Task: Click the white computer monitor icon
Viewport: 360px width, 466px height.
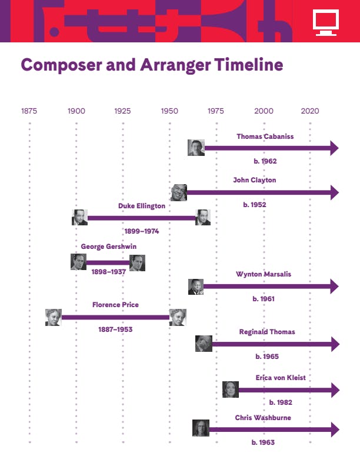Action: [x=326, y=22]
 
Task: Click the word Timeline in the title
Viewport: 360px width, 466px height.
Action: [x=249, y=65]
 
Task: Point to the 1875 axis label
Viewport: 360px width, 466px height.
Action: [x=29, y=111]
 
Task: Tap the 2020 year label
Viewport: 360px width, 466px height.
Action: [x=310, y=111]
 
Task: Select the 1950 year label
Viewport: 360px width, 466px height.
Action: [x=169, y=111]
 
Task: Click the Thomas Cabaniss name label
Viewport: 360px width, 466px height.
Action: [x=265, y=137]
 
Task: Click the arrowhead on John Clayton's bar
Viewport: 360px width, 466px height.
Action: [x=335, y=192]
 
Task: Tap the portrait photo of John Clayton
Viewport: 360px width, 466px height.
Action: [x=179, y=192]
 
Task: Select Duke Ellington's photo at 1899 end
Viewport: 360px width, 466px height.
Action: [x=79, y=217]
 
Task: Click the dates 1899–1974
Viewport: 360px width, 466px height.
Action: [x=142, y=231]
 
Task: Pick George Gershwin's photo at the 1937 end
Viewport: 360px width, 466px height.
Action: [x=137, y=263]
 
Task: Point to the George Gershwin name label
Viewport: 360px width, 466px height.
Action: [x=109, y=247]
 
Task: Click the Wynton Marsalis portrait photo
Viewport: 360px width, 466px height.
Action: [x=196, y=287]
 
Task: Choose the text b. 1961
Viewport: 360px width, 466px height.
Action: [x=264, y=299]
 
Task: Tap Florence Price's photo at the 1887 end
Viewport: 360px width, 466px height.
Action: [x=54, y=317]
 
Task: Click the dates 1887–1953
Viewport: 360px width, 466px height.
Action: [x=115, y=329]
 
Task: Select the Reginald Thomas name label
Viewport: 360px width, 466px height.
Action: [x=267, y=332]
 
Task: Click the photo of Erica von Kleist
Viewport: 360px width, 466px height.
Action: [x=231, y=390]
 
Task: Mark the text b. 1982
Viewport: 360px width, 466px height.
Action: [x=281, y=402]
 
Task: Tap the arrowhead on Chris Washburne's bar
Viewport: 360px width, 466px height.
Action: [x=335, y=430]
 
